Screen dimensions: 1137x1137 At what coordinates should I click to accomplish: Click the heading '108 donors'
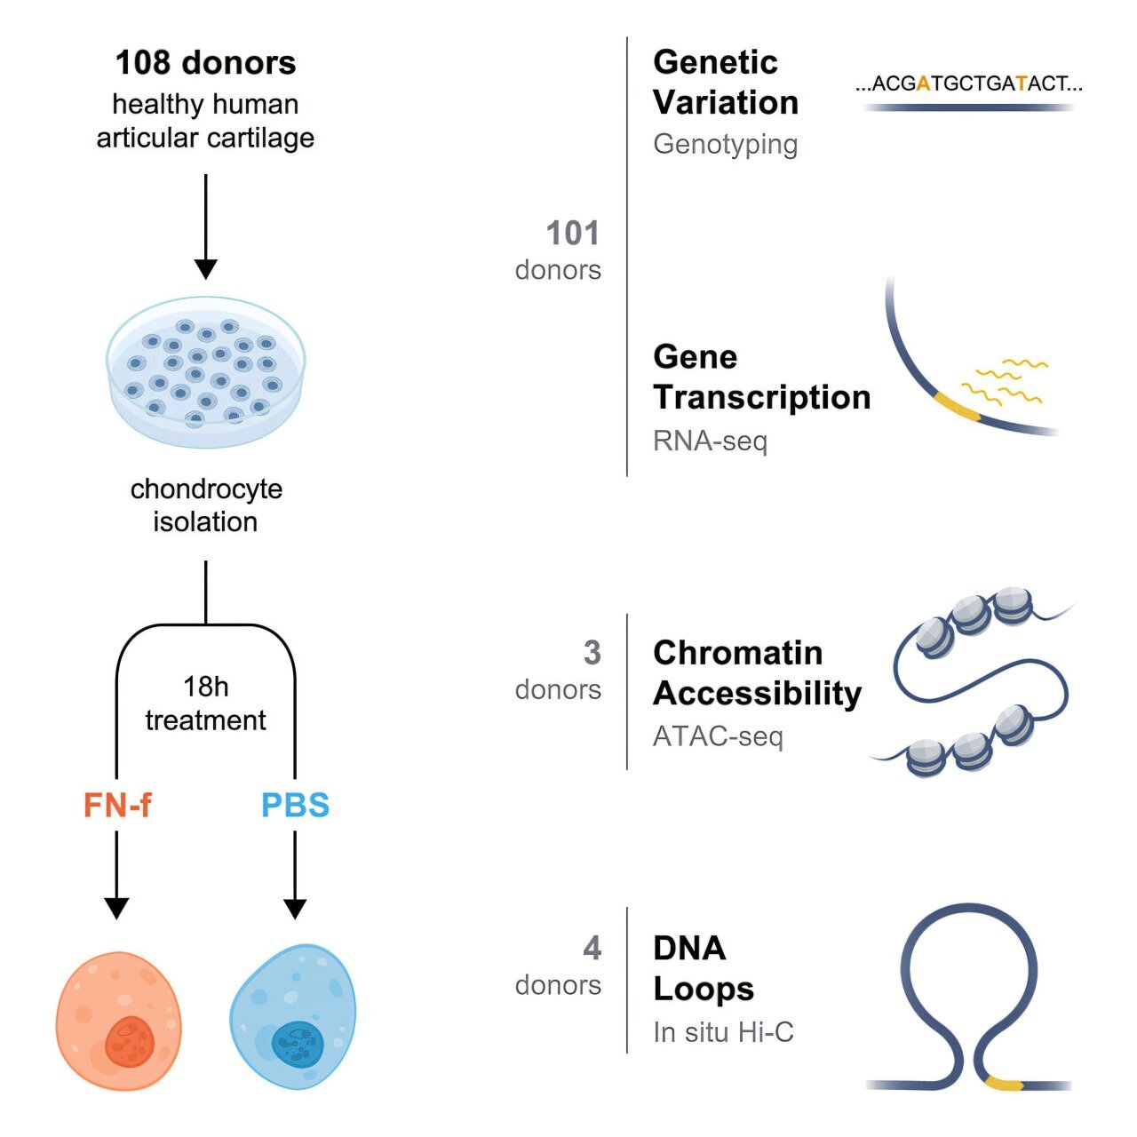pos(205,62)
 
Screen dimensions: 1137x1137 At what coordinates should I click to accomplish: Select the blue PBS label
pos(295,805)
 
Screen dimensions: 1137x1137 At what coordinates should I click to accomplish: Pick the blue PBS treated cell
pos(293,1016)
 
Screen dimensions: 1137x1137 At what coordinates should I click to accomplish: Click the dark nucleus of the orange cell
pos(130,1042)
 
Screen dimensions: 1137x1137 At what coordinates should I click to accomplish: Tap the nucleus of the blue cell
pos(298,1044)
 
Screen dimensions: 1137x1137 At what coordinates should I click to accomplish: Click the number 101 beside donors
pos(572,233)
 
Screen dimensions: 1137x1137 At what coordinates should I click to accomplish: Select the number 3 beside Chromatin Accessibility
pos(592,653)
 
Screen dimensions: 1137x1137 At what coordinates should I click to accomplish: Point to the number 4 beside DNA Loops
pos(592,948)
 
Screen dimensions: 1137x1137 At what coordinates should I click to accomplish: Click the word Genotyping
pos(725,145)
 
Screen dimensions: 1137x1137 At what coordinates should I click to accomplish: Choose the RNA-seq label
pos(710,441)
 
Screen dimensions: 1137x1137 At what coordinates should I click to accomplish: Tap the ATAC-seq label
pos(718,736)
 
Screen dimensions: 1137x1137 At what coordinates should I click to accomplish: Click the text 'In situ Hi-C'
pos(723,1032)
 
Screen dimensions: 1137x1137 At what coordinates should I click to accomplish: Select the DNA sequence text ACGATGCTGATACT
pos(969,83)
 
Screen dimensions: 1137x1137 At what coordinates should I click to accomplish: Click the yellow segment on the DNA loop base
pos(1005,1084)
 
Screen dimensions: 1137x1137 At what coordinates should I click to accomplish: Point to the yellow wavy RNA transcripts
pos(1005,382)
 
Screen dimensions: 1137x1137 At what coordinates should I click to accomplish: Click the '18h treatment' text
pos(205,704)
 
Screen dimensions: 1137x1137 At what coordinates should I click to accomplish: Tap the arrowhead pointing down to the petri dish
pos(205,269)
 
